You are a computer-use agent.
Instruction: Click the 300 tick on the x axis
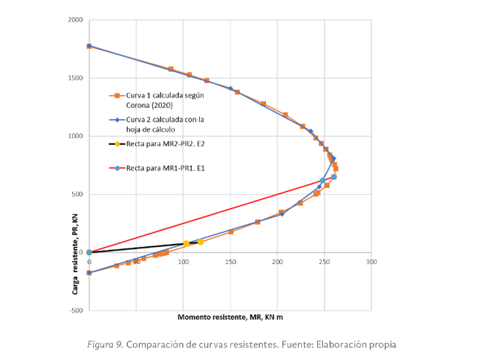tap(372, 262)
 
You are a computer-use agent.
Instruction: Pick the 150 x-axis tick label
tap(230, 262)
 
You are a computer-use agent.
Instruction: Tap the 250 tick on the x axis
tap(325, 262)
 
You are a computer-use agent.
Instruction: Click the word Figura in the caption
tap(100, 344)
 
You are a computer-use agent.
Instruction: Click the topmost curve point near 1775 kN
tap(89, 46)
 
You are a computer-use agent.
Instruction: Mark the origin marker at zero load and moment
tap(89, 252)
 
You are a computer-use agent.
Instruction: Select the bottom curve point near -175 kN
tap(89, 272)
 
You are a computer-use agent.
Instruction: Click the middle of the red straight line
tap(211, 215)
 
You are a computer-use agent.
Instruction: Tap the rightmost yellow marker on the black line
tap(200, 242)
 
